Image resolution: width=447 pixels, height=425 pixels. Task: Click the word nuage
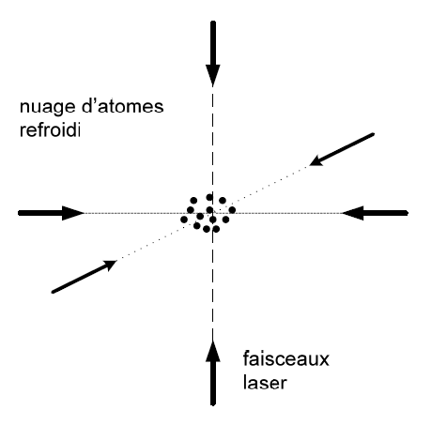click(x=47, y=108)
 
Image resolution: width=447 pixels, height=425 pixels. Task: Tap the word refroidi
click(x=50, y=129)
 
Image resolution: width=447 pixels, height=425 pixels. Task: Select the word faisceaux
click(x=285, y=358)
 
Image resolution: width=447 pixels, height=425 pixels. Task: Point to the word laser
click(x=265, y=382)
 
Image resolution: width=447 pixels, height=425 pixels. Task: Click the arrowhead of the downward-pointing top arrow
click(x=213, y=75)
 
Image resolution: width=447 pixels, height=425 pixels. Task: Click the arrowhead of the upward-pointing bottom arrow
click(x=213, y=351)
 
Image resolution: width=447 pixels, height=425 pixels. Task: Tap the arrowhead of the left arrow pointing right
click(x=73, y=213)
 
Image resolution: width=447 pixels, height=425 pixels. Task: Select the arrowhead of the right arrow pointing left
click(x=352, y=213)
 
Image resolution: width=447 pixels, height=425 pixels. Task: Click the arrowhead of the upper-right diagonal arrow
click(x=316, y=160)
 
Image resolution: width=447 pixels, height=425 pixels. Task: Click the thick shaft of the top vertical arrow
click(x=213, y=43)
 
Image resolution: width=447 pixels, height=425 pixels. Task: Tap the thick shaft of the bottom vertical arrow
click(x=213, y=384)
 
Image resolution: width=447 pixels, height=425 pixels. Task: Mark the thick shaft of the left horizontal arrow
click(x=40, y=213)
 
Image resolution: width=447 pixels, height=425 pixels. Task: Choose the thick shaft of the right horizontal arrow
click(x=385, y=213)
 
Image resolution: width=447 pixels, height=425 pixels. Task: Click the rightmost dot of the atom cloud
click(x=232, y=210)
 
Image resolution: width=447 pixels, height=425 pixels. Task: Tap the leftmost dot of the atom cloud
click(x=184, y=220)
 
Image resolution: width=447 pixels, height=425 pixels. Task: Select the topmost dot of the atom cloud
click(x=209, y=197)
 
